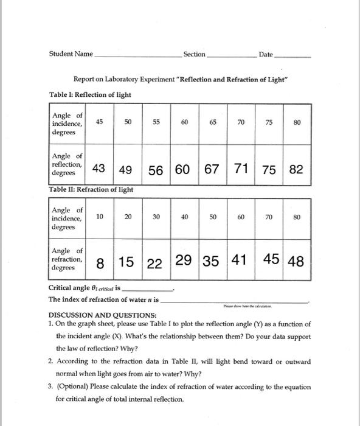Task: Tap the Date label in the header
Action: tap(265, 55)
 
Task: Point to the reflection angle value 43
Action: tap(99, 169)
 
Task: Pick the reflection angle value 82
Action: tap(296, 169)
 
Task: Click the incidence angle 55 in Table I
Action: tap(156, 122)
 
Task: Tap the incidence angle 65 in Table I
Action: tap(213, 122)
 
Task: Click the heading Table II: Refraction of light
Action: tap(91, 190)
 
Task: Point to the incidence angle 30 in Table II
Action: tap(156, 217)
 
